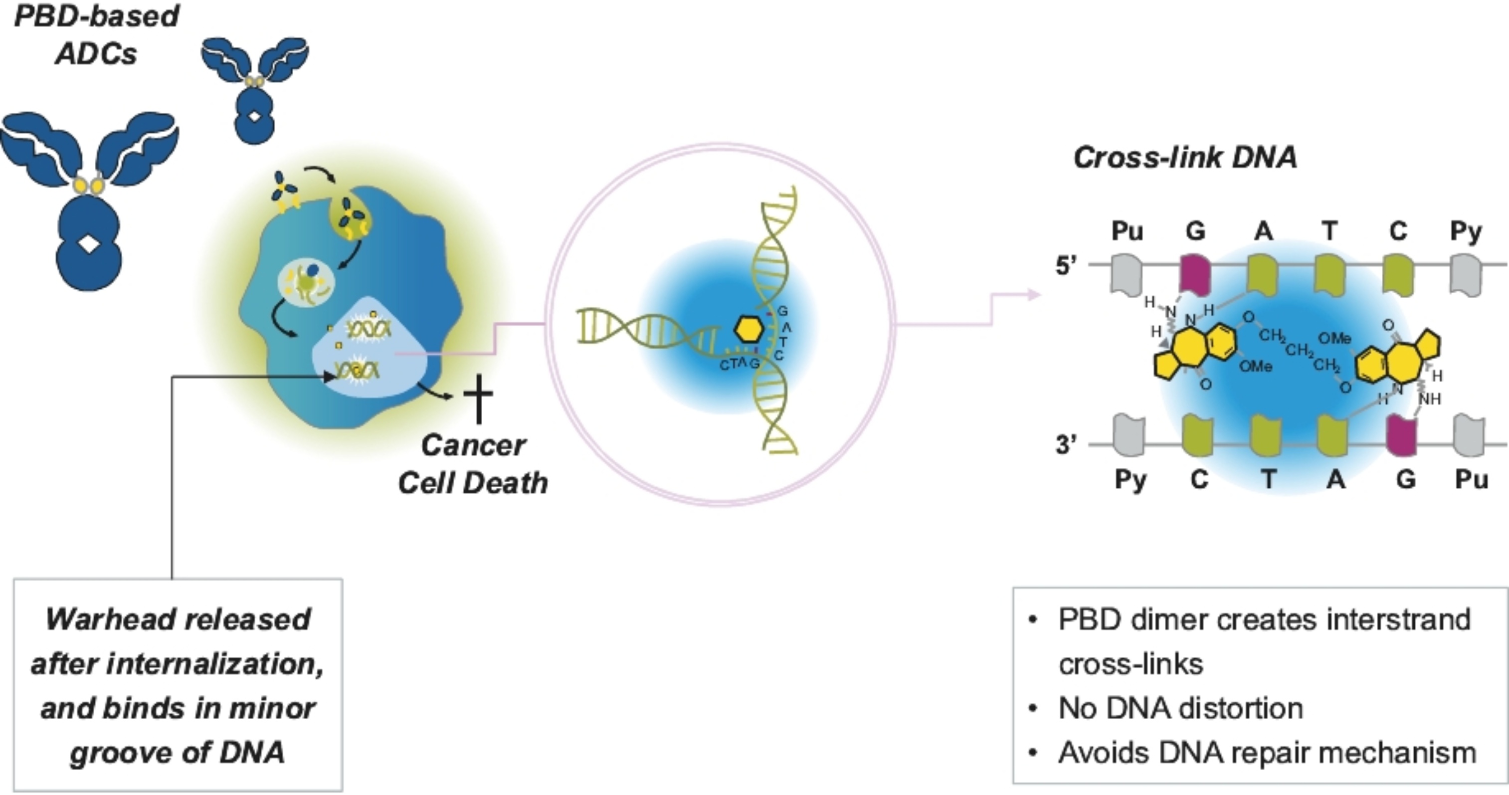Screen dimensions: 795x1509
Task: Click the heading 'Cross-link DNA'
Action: pyautogui.click(x=1184, y=158)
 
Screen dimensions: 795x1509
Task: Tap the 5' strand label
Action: pyautogui.click(x=1066, y=266)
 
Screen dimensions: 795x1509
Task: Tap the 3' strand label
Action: pyautogui.click(x=1066, y=445)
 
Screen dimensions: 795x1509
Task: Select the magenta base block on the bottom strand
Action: pyautogui.click(x=1401, y=435)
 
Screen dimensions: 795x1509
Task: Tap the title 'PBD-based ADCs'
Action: pyautogui.click(x=97, y=34)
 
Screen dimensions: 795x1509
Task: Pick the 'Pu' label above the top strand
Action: pyautogui.click(x=1128, y=231)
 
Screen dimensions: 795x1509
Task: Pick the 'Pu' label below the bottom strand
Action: pyautogui.click(x=1471, y=479)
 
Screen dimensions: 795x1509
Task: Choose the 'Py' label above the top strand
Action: pyautogui.click(x=1466, y=231)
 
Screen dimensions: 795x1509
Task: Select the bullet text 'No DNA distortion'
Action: pyautogui.click(x=1180, y=708)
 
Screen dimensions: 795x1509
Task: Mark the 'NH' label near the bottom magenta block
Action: pyautogui.click(x=1430, y=399)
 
